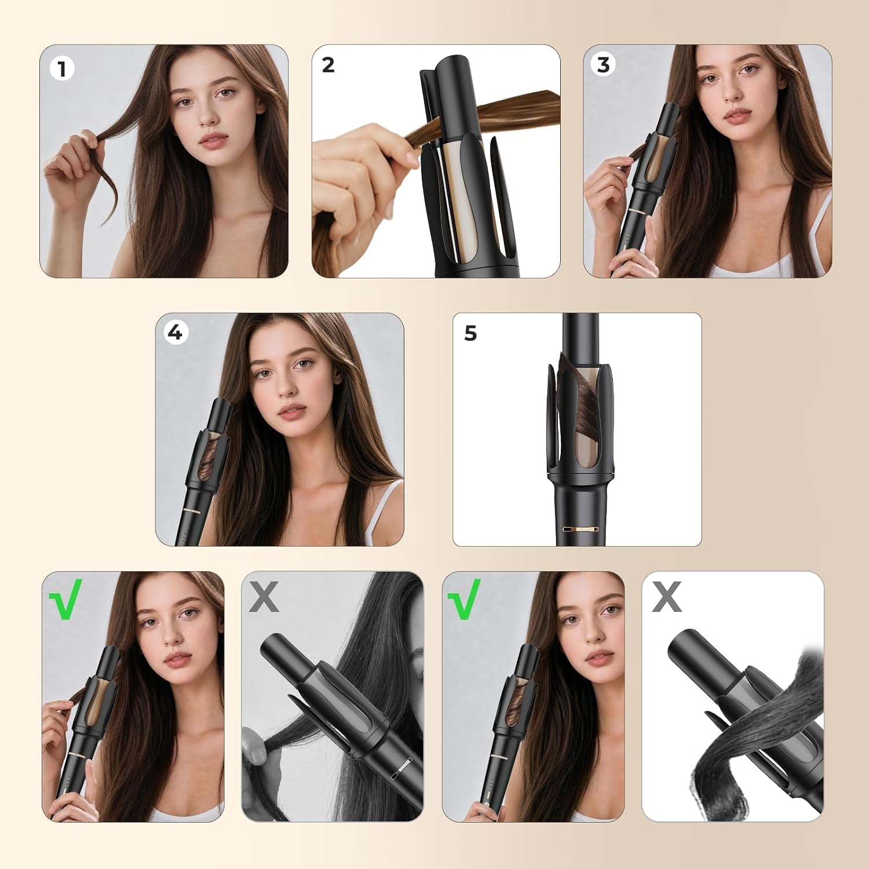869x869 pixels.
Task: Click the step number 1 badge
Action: click(62, 69)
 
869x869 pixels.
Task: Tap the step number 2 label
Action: click(328, 65)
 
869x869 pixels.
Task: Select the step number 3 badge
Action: click(603, 65)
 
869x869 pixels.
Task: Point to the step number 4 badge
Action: click(174, 333)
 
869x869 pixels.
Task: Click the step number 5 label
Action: click(470, 333)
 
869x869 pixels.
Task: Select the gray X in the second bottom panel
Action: click(264, 597)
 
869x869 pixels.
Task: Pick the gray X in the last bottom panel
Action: click(666, 597)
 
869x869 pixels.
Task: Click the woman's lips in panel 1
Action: click(213, 140)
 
